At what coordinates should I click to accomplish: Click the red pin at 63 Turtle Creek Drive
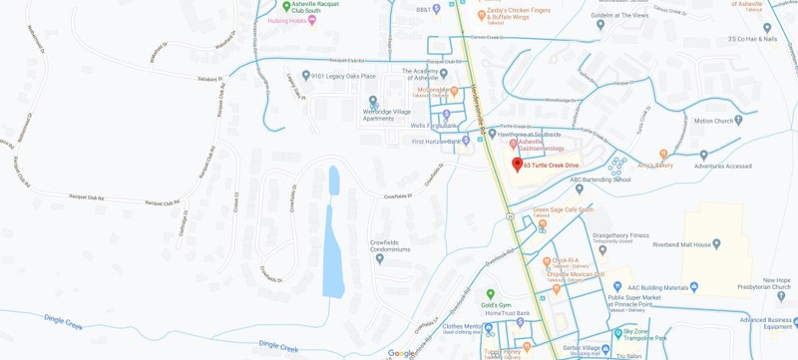click(517, 164)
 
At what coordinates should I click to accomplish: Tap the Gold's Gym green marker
click(490, 294)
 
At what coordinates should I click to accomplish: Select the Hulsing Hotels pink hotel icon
click(312, 20)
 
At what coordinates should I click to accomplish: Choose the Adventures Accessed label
click(724, 167)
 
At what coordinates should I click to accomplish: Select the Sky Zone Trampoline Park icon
click(618, 334)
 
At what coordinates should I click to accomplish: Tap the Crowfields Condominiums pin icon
click(379, 258)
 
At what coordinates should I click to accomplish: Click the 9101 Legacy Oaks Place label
click(343, 76)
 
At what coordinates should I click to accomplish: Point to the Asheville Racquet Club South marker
click(284, 5)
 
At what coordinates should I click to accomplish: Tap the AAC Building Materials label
click(662, 287)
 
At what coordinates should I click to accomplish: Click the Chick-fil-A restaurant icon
click(544, 260)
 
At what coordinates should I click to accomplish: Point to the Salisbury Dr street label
click(212, 79)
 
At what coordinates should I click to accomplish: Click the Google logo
click(402, 353)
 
